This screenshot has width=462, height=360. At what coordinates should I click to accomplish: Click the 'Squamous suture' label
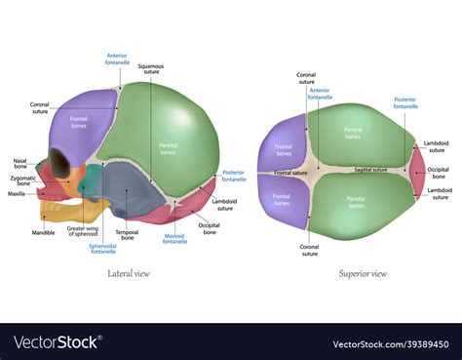click(x=150, y=67)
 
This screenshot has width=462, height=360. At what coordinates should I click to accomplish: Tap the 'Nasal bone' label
click(x=19, y=162)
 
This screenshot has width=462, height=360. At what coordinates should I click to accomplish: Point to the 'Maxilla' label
click(x=17, y=193)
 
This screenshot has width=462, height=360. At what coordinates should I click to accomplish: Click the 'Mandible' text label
click(x=44, y=233)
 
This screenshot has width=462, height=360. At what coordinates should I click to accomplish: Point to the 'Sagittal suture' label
click(x=370, y=170)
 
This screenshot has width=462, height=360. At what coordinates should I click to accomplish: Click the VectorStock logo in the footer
click(x=57, y=342)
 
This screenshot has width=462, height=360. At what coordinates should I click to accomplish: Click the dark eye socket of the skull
click(x=61, y=162)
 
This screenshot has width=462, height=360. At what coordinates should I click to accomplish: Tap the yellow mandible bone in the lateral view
click(x=55, y=209)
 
